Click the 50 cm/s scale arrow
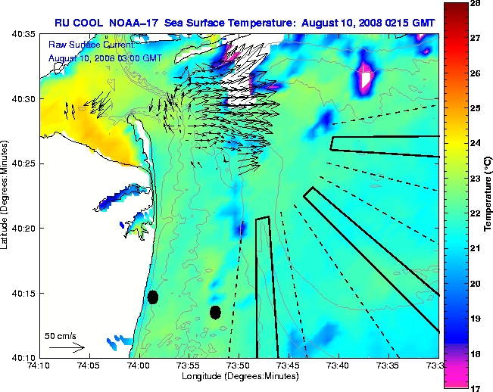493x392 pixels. [x=67, y=347]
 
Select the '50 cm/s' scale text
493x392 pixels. [x=61, y=335]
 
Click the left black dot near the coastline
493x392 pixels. [x=153, y=297]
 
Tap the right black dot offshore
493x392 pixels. [x=215, y=312]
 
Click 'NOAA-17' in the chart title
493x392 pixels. [x=140, y=23]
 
